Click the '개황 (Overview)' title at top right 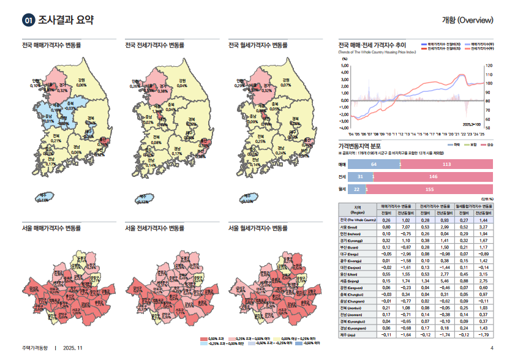(467, 20)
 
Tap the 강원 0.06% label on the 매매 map (81, 83)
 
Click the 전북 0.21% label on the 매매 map (56, 138)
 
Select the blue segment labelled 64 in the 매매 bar (374, 165)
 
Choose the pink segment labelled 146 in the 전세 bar (433, 177)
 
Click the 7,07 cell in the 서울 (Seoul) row (405, 227)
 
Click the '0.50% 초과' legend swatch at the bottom (205, 338)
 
